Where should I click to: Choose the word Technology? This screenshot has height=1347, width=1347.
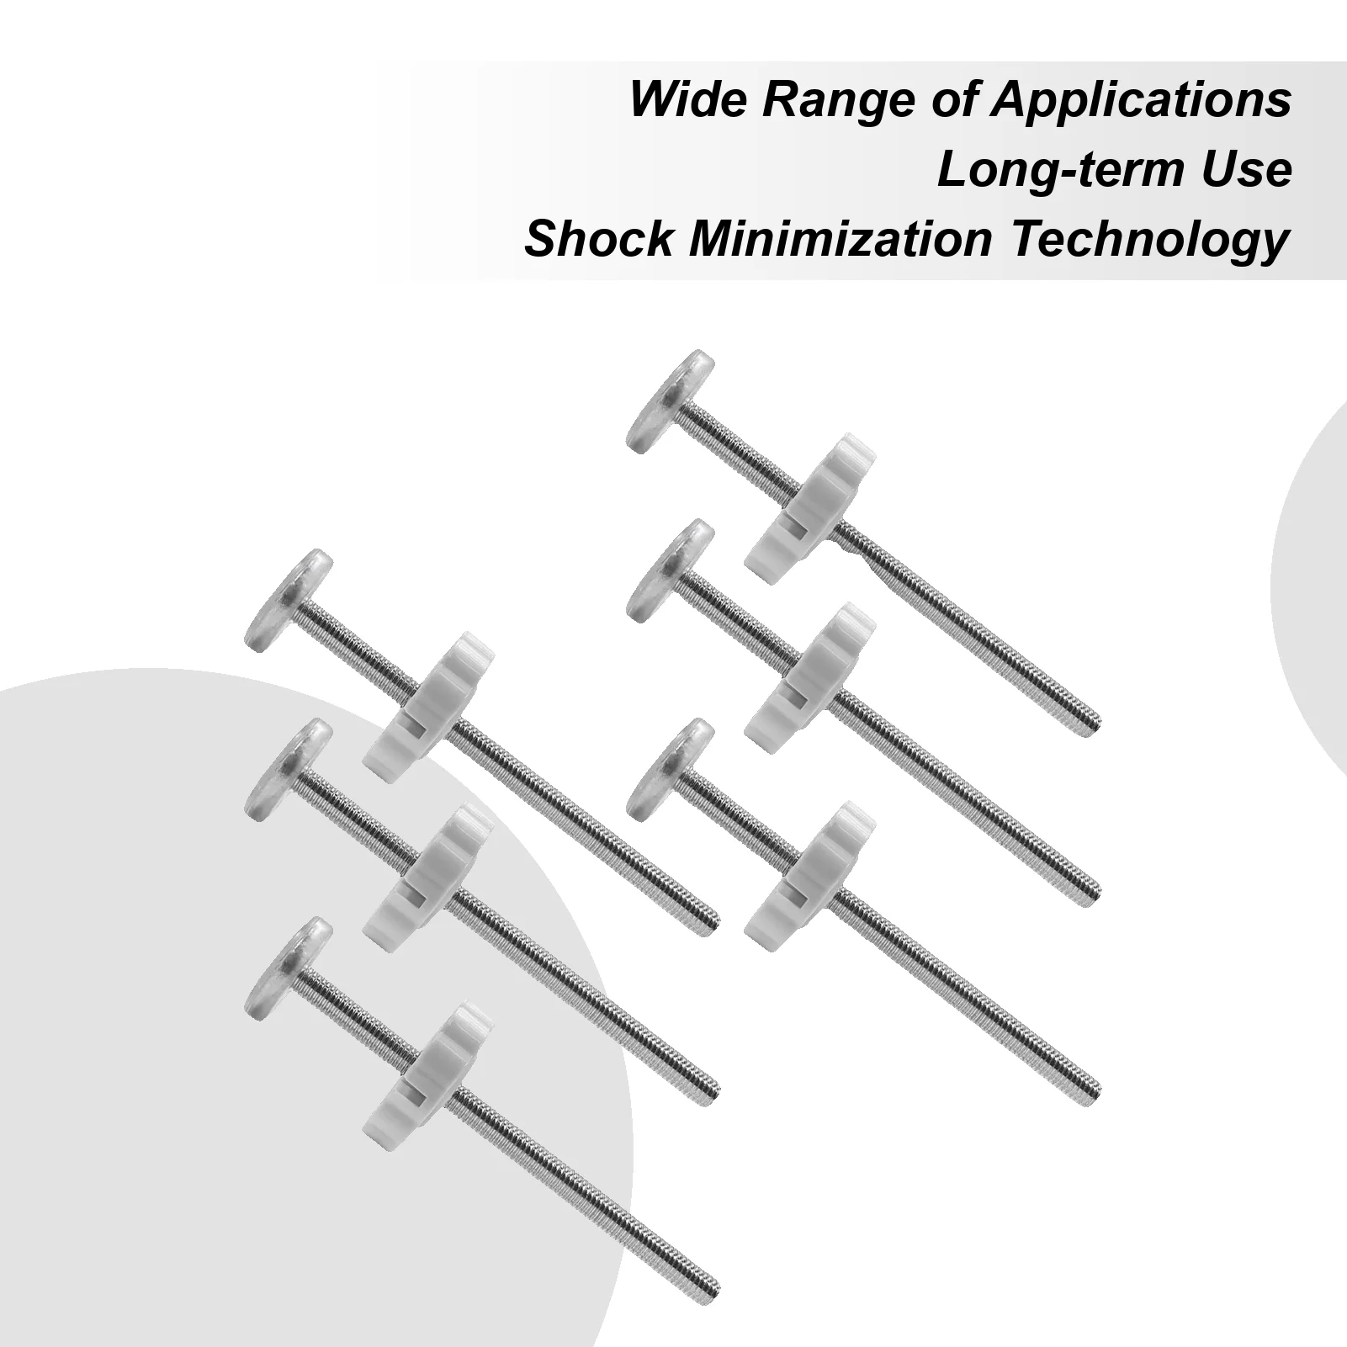pos(1149,241)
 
